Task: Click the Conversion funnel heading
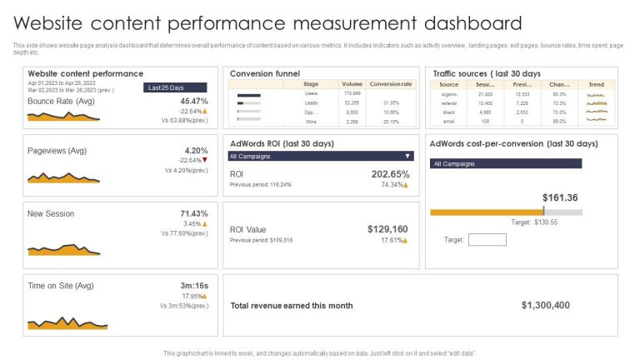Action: pos(265,73)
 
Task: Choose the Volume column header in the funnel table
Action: pos(352,84)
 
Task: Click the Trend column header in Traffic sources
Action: pos(596,84)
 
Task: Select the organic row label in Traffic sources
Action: pos(449,93)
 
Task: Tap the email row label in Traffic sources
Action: pos(449,121)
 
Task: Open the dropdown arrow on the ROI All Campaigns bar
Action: pos(407,156)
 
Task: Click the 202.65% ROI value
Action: pos(390,174)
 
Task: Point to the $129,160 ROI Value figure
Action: pos(387,228)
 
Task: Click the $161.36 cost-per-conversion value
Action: pos(560,197)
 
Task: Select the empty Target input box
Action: pos(487,240)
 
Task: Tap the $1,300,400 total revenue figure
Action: pos(545,305)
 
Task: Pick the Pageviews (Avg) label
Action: pos(57,151)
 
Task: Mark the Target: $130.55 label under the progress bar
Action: pos(533,222)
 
